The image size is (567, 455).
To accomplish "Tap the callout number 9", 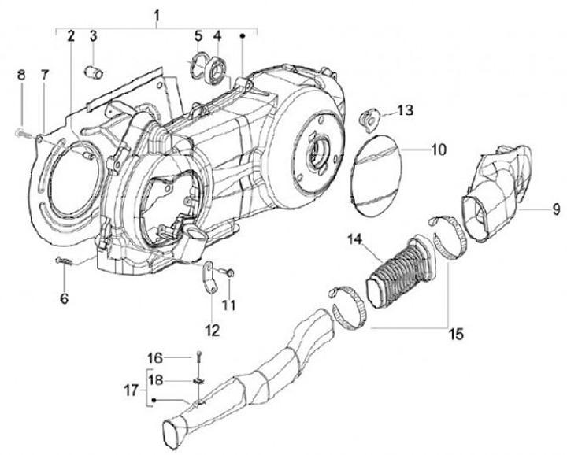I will [556, 209].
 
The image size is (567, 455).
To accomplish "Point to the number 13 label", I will [404, 110].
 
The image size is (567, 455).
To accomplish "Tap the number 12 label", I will [209, 327].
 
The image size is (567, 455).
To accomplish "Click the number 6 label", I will [65, 298].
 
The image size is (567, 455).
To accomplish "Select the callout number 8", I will [22, 75].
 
